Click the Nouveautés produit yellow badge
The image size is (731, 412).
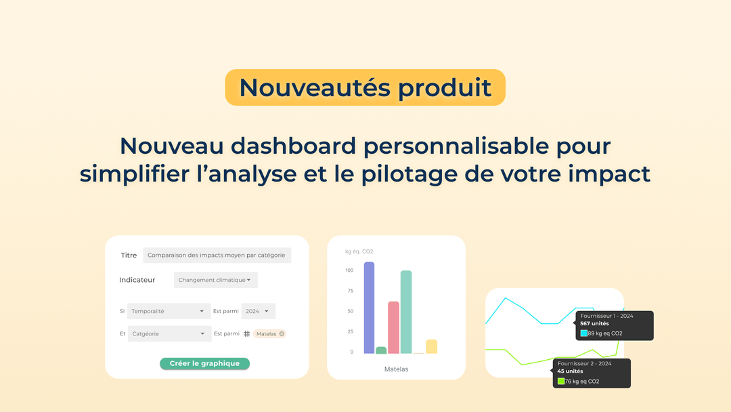pyautogui.click(x=365, y=87)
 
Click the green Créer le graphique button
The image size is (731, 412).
pyautogui.click(x=204, y=363)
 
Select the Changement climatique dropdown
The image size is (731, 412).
pyautogui.click(x=215, y=280)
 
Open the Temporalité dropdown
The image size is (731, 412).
pyautogui.click(x=168, y=311)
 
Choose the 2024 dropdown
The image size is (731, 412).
pyautogui.click(x=258, y=311)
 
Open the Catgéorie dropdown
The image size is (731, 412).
pyautogui.click(x=169, y=333)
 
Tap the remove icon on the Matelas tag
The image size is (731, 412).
pyautogui.click(x=282, y=333)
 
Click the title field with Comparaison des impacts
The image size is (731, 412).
pyautogui.click(x=217, y=255)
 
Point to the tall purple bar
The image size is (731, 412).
pyautogui.click(x=369, y=308)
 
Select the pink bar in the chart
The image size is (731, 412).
pyautogui.click(x=393, y=327)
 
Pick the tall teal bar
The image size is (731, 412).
pyautogui.click(x=406, y=312)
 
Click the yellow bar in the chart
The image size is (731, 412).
pyautogui.click(x=431, y=346)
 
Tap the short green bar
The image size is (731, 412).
pyautogui.click(x=381, y=350)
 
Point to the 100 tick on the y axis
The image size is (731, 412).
pyautogui.click(x=349, y=270)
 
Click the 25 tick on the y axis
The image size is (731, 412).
pyautogui.click(x=350, y=331)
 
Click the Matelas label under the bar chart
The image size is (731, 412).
pyautogui.click(x=396, y=369)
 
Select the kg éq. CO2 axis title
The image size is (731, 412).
pyautogui.click(x=359, y=251)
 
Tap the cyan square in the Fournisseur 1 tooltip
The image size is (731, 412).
pyautogui.click(x=583, y=333)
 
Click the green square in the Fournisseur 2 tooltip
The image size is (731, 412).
pyautogui.click(x=561, y=382)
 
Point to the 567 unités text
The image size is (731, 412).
pyautogui.click(x=594, y=324)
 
